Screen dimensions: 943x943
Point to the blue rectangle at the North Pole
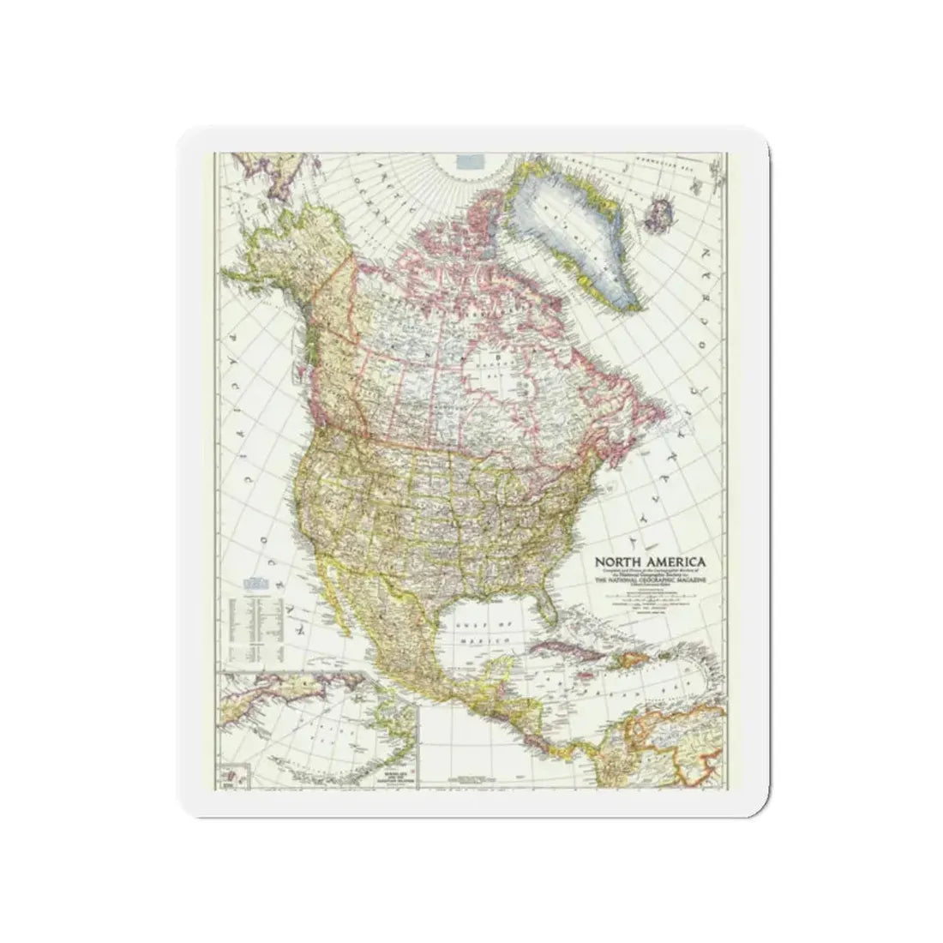[468, 159]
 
